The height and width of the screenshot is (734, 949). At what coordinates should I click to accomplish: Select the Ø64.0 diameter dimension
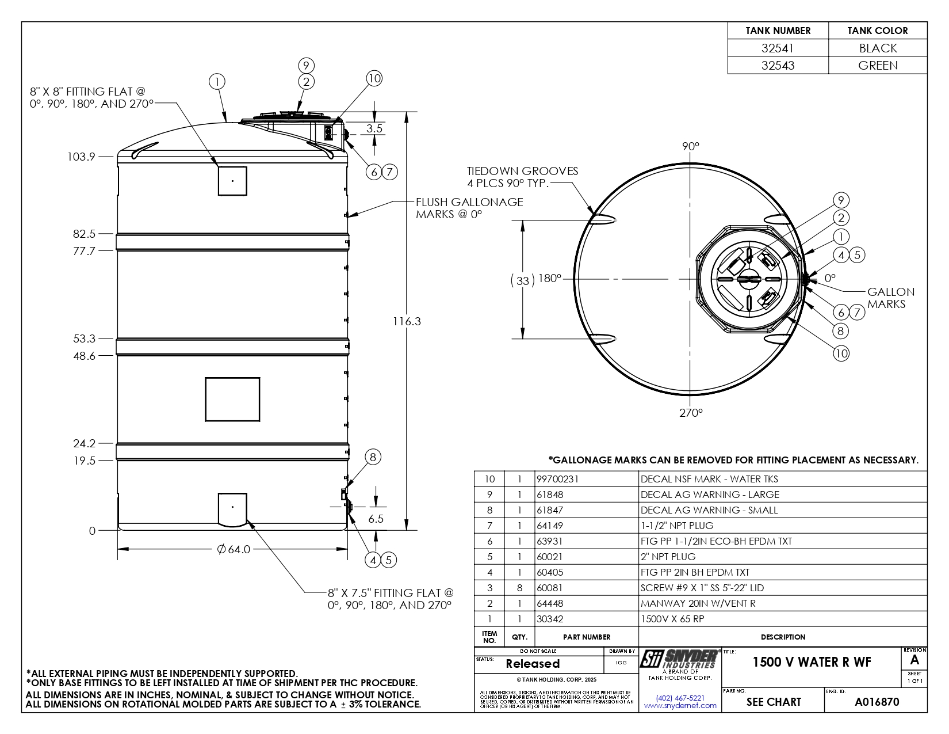234,549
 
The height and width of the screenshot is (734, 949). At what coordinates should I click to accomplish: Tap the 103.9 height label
81,157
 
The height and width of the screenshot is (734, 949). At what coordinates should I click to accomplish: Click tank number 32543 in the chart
778,66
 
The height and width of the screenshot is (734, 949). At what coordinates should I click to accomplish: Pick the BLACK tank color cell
878,48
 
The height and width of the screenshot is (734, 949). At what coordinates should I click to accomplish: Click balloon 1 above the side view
217,82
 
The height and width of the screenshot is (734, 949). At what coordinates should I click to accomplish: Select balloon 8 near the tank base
373,457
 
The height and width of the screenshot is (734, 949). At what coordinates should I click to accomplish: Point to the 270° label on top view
691,413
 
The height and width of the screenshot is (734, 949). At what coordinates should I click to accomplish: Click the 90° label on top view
690,146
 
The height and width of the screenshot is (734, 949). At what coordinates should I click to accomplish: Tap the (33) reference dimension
522,280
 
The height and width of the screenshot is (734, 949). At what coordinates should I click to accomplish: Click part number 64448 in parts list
550,603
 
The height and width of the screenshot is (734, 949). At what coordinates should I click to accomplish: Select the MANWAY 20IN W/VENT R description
698,603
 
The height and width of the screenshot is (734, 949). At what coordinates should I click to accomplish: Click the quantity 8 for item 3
519,588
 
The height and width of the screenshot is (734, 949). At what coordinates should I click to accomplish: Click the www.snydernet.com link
680,705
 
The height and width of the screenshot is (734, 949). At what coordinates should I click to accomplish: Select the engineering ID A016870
877,702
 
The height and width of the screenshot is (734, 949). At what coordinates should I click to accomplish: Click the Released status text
532,664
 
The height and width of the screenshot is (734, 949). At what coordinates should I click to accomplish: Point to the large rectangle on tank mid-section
232,400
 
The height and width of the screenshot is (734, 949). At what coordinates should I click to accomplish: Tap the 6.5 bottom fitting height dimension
376,519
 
